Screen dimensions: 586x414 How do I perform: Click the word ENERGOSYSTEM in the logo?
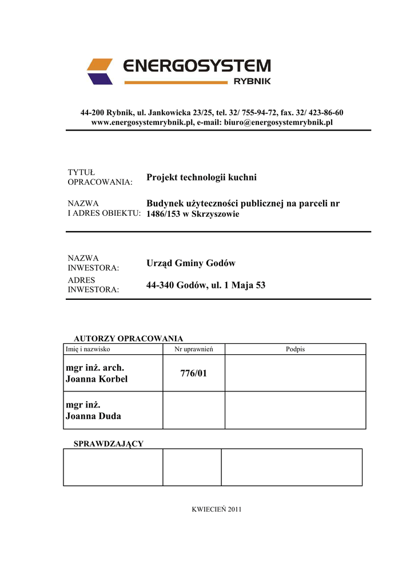(x=197, y=66)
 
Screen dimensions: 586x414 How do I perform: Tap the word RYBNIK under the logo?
(x=252, y=81)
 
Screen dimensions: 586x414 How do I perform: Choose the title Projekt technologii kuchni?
(x=201, y=177)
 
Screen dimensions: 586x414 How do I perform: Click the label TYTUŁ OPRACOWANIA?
(x=99, y=177)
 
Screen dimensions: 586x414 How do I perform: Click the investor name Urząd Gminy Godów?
(x=191, y=263)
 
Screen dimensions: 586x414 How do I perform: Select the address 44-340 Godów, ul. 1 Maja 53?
(x=206, y=285)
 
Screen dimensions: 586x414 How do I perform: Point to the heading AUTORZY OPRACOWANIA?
(x=129, y=338)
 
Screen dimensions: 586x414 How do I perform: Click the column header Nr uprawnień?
(x=193, y=349)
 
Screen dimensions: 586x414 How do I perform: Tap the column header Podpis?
(x=295, y=349)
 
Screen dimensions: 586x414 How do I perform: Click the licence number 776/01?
(x=193, y=373)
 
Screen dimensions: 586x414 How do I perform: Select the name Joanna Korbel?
(x=97, y=379)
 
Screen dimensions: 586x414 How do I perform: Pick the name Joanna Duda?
(x=93, y=416)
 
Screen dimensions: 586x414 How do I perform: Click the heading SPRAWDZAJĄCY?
(x=109, y=444)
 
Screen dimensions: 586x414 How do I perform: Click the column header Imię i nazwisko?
(x=88, y=349)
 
